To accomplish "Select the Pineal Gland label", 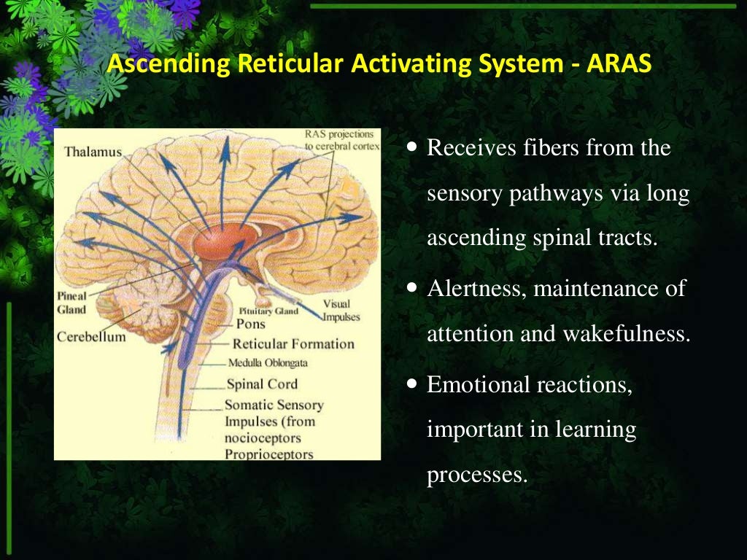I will pyautogui.click(x=71, y=303).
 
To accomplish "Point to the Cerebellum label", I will pyautogui.click(x=91, y=337).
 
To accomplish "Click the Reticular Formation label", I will pyautogui.click(x=293, y=343).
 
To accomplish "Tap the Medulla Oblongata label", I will pyautogui.click(x=268, y=362).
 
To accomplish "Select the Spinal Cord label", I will pyautogui.click(x=262, y=384).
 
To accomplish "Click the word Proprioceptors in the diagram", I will pyautogui.click(x=268, y=454).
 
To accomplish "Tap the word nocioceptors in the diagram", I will pyautogui.click(x=262, y=437).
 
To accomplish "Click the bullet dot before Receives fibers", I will pyautogui.click(x=412, y=147).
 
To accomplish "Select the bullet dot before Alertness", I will pyautogui.click(x=412, y=288).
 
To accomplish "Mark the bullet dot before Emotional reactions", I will pyautogui.click(x=412, y=383).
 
